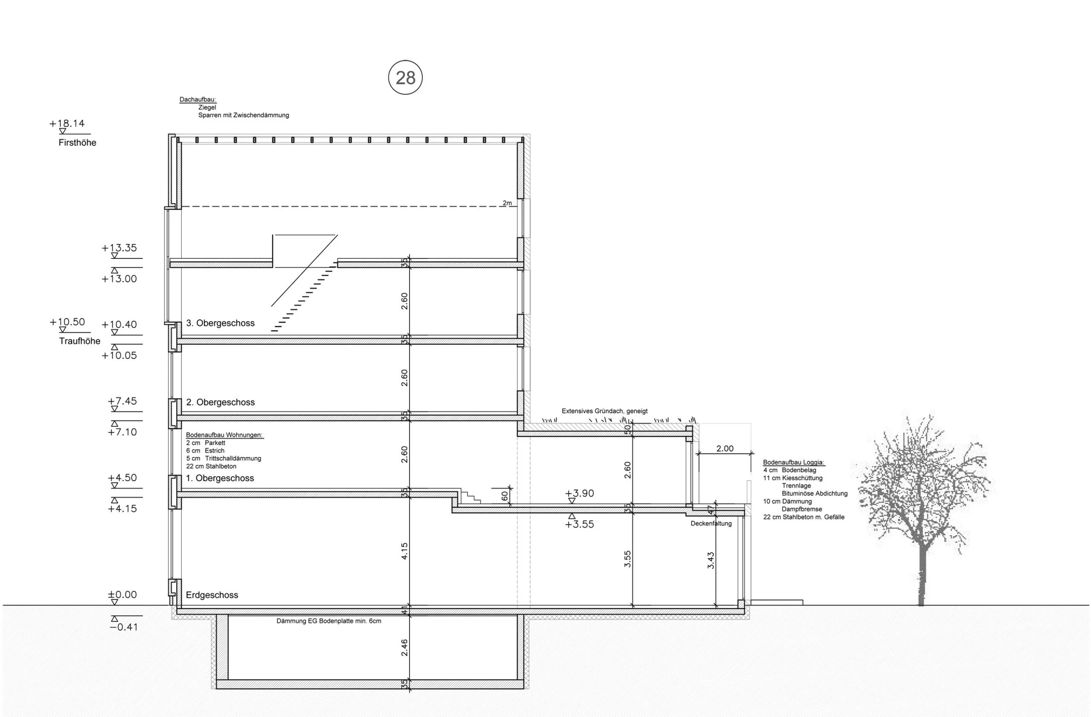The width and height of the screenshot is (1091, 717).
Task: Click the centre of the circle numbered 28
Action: pyautogui.click(x=405, y=78)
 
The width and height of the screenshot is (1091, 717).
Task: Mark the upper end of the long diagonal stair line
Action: pyautogui.click(x=338, y=235)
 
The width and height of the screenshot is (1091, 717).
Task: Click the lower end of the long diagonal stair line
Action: pyautogui.click(x=271, y=306)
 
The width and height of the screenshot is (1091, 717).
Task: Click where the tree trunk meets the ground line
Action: pyautogui.click(x=921, y=605)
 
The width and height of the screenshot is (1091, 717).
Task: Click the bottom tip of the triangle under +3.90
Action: pyautogui.click(x=571, y=503)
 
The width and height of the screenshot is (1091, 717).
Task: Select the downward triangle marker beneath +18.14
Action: pyautogui.click(x=63, y=131)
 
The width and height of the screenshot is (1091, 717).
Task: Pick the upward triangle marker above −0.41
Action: pyautogui.click(x=115, y=619)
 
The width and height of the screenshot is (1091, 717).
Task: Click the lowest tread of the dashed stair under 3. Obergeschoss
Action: pyautogui.click(x=276, y=330)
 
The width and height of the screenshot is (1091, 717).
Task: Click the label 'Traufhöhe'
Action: pyautogui.click(x=80, y=341)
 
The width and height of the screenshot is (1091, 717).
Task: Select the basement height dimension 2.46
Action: pyautogui.click(x=404, y=648)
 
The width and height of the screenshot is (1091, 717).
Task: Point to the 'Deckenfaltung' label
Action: pyautogui.click(x=711, y=523)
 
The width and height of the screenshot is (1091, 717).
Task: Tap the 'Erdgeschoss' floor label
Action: pyautogui.click(x=212, y=595)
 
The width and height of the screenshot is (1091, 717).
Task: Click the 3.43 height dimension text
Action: pyautogui.click(x=710, y=560)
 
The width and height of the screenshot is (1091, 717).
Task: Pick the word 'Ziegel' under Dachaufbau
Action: pyautogui.click(x=207, y=107)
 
